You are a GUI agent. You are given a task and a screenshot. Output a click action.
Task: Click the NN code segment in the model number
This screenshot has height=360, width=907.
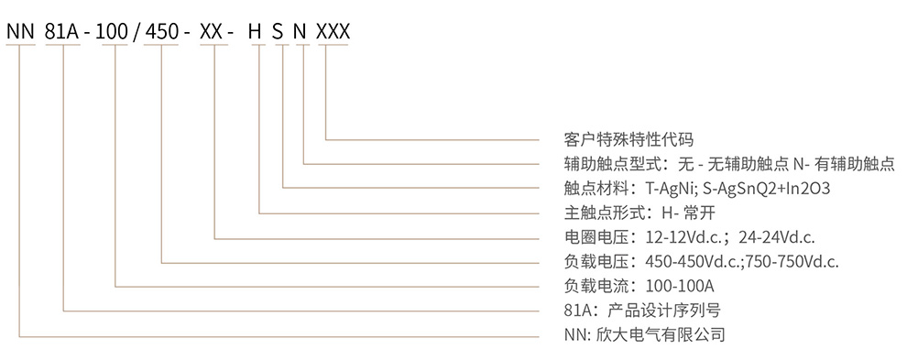[19, 32]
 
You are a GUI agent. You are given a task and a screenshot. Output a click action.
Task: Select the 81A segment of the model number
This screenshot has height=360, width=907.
[62, 32]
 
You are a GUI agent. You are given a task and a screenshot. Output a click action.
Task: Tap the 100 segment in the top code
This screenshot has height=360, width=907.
[115, 32]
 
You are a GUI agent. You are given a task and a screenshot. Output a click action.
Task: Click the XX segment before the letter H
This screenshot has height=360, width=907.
[213, 32]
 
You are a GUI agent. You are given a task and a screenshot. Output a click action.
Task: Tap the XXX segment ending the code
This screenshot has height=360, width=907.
[332, 32]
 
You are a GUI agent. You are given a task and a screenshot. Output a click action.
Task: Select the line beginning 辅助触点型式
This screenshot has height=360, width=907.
[729, 164]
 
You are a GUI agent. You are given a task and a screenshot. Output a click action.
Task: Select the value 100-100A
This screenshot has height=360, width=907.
[680, 286]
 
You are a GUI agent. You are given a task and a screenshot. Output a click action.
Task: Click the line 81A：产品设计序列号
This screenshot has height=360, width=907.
[636, 310]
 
